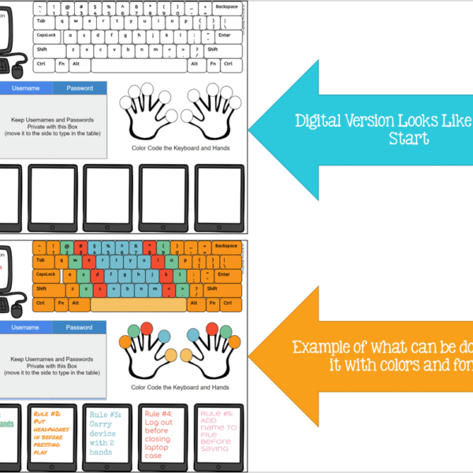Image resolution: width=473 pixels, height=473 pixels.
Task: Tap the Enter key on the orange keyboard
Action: coord(225,274)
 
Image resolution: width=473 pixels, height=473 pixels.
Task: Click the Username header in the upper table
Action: coord(26,88)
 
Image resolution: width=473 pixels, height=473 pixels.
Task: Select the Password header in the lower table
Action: coord(79,327)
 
